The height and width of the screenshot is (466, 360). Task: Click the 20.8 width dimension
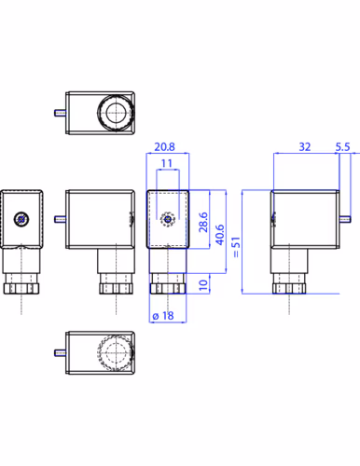(164, 146)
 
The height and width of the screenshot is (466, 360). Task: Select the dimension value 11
(167, 163)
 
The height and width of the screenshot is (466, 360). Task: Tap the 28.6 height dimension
(203, 222)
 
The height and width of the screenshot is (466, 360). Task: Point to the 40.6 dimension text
(220, 235)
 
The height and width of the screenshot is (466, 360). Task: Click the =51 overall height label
(236, 247)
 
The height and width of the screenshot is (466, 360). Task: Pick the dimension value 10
(203, 285)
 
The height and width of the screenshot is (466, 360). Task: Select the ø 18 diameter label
(163, 316)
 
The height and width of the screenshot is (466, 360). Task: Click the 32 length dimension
(305, 146)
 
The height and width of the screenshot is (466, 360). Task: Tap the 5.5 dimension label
(342, 146)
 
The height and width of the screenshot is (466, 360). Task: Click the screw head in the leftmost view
(21, 219)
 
